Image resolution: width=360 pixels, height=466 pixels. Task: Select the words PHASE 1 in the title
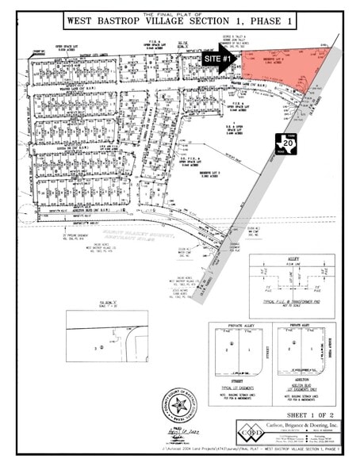(x=268, y=21)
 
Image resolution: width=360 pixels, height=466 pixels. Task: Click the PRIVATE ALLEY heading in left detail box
(x=237, y=326)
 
